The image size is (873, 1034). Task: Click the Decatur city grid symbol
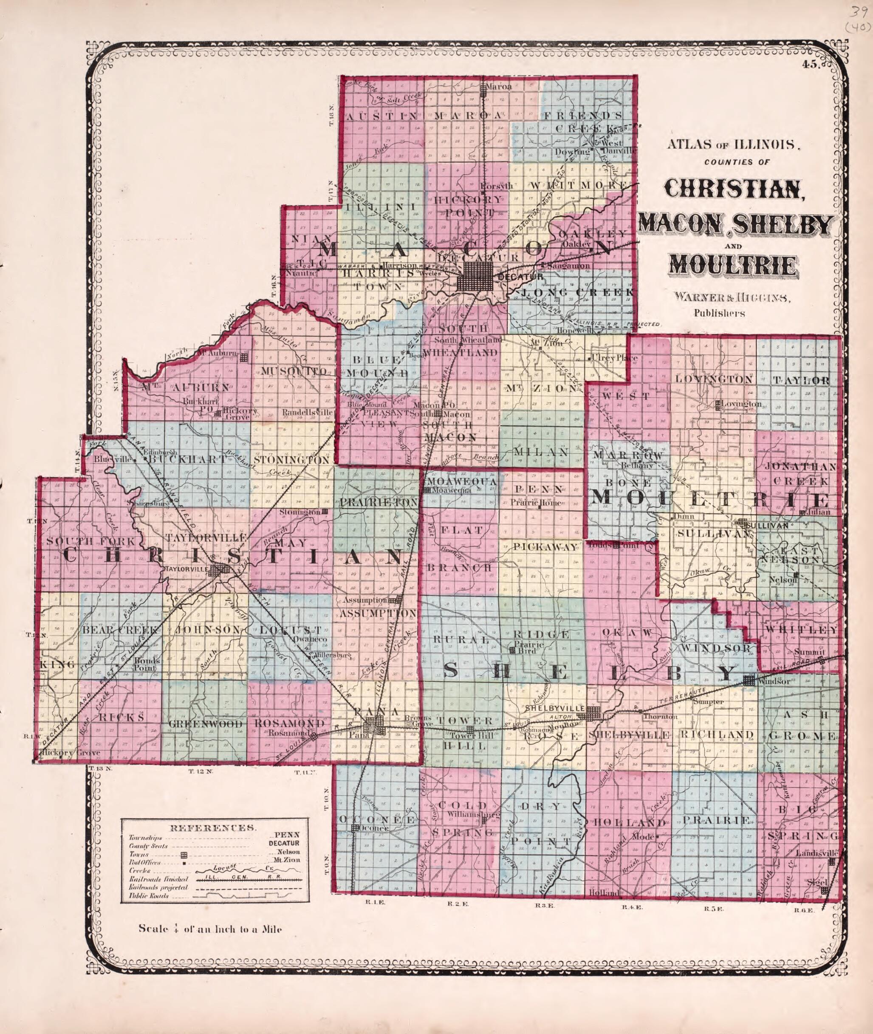click(475, 283)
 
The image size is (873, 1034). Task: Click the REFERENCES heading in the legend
click(213, 827)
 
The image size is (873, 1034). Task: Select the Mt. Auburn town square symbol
click(243, 357)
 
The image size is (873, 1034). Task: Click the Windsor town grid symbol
click(749, 680)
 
